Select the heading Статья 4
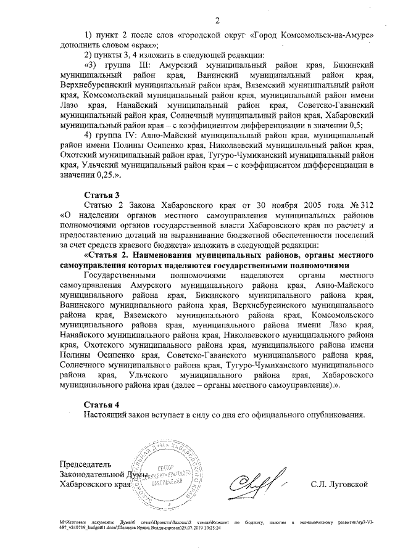tap(102, 404)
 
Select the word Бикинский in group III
tap(350, 65)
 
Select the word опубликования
tap(335, 414)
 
